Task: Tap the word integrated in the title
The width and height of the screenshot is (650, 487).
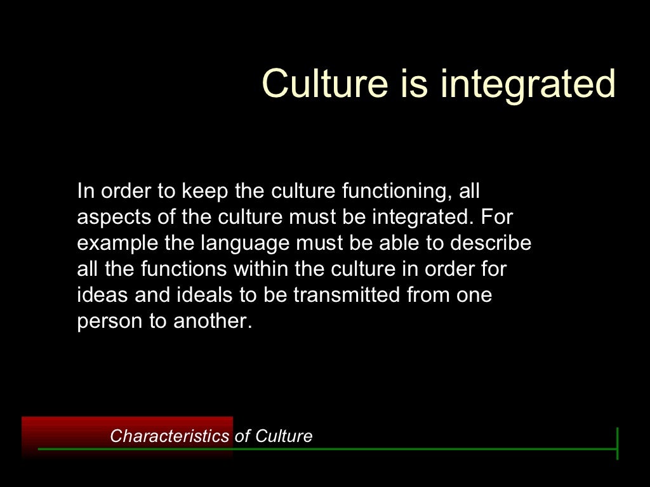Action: click(527, 84)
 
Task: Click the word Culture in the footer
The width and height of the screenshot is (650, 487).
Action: click(284, 436)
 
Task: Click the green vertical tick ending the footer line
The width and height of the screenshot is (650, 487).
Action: click(617, 443)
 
